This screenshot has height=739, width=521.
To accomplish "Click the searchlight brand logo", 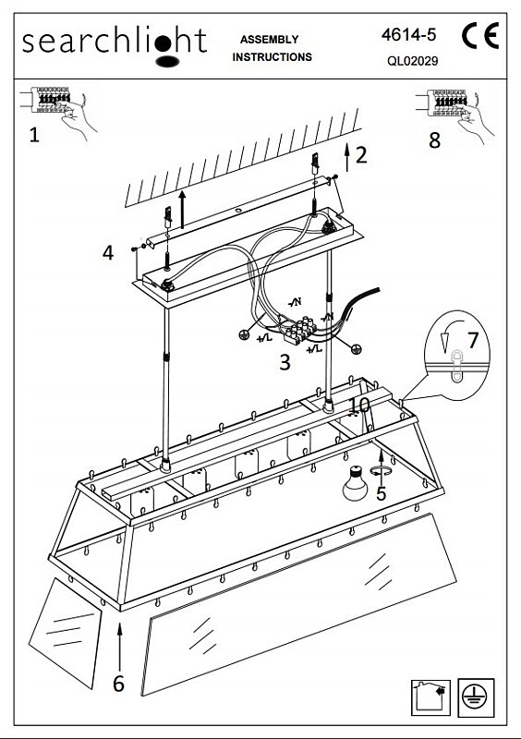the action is pos(115,46).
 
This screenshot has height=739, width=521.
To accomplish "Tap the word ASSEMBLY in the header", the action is pos(269,40).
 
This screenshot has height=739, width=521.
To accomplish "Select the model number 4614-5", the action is pos(409,34).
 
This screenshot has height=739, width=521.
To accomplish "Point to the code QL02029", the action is pos(413,61).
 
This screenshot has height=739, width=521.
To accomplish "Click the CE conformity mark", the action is pos(480,36).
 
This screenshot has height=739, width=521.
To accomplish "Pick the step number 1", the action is pos(34,135).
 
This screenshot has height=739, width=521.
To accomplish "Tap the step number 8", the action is pos(434,140).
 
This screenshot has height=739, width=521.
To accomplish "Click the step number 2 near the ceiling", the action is pos(361,155).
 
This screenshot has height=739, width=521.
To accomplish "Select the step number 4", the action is pos(108,252).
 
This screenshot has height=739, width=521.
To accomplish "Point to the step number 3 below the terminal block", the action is pos(285,362).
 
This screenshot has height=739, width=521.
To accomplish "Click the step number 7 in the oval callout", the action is pos(473,340).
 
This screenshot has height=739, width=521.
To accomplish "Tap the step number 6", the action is pos(118,684).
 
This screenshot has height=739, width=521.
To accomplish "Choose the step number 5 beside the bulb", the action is pos(381,493).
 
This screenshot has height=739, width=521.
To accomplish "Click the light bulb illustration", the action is pos(355,483).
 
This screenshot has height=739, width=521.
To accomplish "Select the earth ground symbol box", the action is pos(476,697).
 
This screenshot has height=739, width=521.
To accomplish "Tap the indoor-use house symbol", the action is pos(430,697).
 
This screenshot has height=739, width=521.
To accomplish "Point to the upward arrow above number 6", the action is pos(120,646).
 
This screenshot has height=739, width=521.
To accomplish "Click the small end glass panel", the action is pos(65,633).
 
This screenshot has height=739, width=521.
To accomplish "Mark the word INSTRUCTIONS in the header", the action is pos(273,57).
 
